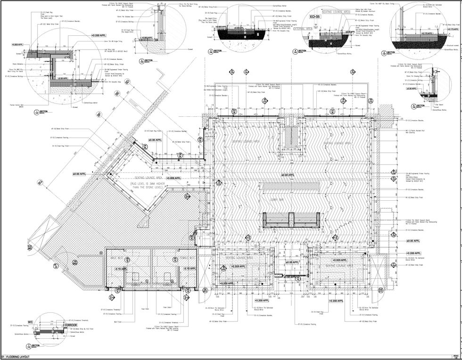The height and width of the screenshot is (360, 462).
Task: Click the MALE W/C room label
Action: pyautogui.click(x=117, y=257)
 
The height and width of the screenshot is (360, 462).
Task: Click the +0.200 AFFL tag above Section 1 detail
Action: pyautogui.click(x=99, y=36)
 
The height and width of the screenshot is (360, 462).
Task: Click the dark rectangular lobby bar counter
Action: pyautogui.click(x=292, y=218)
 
